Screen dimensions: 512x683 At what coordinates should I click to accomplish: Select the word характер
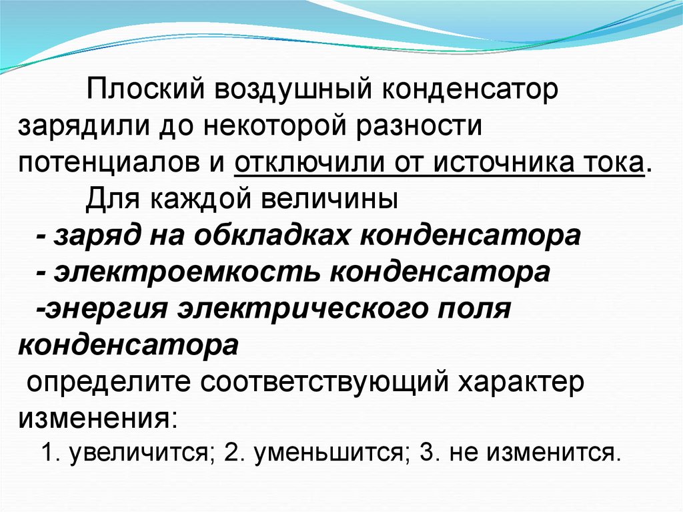point(520,382)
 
